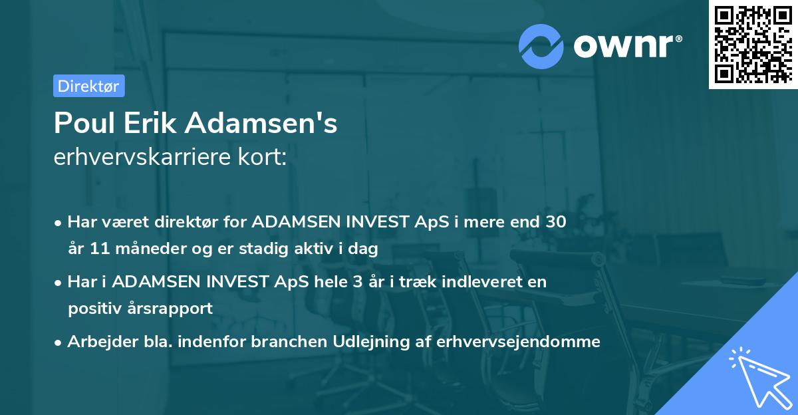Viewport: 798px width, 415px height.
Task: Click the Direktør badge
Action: tap(88, 86)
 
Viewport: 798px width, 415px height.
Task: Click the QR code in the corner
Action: tap(752, 45)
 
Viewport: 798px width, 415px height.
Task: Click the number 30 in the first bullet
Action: tap(557, 222)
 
